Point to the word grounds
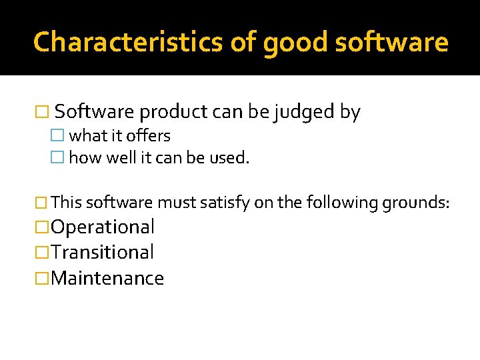(417, 202)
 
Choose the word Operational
(103, 227)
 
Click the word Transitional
(102, 252)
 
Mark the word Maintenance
(107, 278)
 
